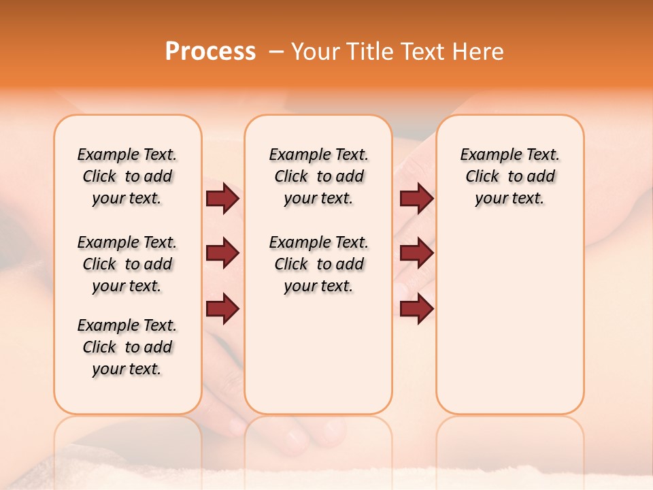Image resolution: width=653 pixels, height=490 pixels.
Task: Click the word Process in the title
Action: tap(210, 52)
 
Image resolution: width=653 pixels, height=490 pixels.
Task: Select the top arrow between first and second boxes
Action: tap(222, 198)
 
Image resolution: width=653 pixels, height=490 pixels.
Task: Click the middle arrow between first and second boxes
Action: tap(222, 254)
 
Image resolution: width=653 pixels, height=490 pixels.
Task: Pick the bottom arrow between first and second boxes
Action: tap(222, 309)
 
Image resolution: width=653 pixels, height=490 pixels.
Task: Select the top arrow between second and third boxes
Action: tap(416, 198)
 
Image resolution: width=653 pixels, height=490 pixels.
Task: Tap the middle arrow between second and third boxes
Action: tap(416, 254)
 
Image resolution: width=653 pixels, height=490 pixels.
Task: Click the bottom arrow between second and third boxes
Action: tap(416, 309)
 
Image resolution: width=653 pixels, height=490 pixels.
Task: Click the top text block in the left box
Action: tap(127, 176)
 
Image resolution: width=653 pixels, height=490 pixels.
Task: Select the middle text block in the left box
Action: tap(127, 264)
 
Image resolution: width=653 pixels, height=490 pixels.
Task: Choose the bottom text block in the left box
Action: tap(127, 347)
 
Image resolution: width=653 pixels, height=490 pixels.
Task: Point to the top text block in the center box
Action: tap(318, 176)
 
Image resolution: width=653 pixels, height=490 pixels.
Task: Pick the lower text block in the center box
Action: tap(318, 264)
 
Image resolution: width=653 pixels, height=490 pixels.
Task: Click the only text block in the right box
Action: tap(509, 176)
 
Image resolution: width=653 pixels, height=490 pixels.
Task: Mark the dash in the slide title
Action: tap(276, 52)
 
